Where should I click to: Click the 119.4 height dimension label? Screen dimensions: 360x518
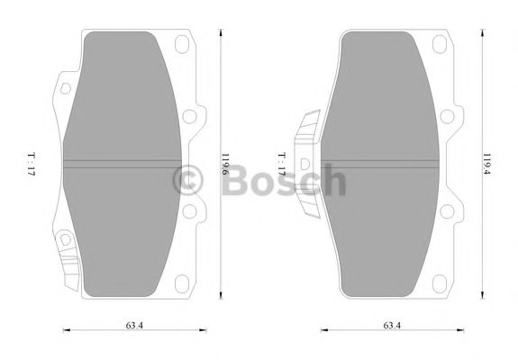[x=486, y=166]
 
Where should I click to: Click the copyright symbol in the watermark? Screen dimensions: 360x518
[x=188, y=181]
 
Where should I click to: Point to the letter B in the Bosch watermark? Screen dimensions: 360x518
[x=230, y=181]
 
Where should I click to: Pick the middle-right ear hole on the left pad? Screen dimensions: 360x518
[x=189, y=116]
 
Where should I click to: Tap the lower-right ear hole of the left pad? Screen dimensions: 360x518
[x=189, y=212]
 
